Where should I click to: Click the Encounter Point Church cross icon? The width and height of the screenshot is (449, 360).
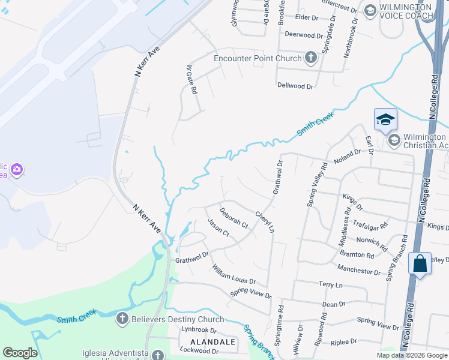(310, 58)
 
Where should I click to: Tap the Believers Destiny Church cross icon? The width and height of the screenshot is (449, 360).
(122, 318)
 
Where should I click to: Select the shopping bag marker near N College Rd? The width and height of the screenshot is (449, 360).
(420, 263)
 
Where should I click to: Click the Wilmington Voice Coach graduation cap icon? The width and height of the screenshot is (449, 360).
(370, 10)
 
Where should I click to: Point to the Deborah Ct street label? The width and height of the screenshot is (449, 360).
(234, 218)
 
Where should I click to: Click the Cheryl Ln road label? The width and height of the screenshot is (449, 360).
(265, 221)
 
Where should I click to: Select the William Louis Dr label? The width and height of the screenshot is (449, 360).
(234, 273)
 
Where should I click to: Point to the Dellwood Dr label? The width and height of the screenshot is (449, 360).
(295, 86)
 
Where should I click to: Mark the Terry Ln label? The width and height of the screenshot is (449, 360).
(330, 284)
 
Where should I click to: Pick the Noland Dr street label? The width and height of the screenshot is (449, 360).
(347, 157)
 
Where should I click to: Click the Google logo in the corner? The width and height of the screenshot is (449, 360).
(20, 353)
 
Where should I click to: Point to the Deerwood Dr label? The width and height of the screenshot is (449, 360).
(300, 35)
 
